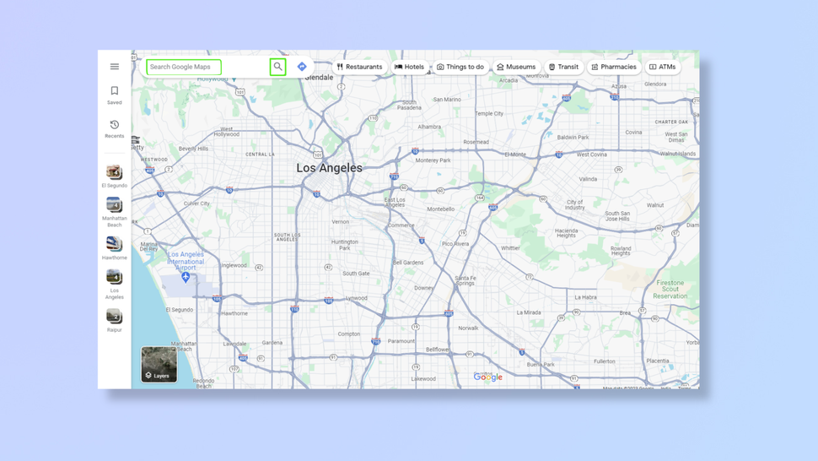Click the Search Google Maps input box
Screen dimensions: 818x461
point(184,67)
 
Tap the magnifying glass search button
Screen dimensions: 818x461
point(277,67)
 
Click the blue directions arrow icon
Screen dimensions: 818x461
point(302,67)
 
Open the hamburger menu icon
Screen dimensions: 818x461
point(115,67)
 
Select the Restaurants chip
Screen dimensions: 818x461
point(359,67)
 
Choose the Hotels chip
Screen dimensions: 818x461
point(410,67)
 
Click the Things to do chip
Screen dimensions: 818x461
point(460,67)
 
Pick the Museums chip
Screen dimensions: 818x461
point(516,67)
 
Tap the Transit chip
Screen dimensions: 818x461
point(564,67)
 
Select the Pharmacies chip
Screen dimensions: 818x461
point(614,67)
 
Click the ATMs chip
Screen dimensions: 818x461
point(663,67)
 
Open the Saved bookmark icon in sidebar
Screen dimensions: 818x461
point(115,91)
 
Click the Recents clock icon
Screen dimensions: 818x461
point(115,125)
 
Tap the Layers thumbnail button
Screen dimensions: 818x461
point(159,365)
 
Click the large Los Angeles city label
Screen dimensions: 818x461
point(329,168)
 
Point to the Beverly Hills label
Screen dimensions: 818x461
point(193,149)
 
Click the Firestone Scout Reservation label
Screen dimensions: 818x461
point(670,290)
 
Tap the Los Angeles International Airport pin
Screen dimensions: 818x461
point(186,277)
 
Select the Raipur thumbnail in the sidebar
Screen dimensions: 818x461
point(114,317)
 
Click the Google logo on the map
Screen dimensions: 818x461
point(488,377)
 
